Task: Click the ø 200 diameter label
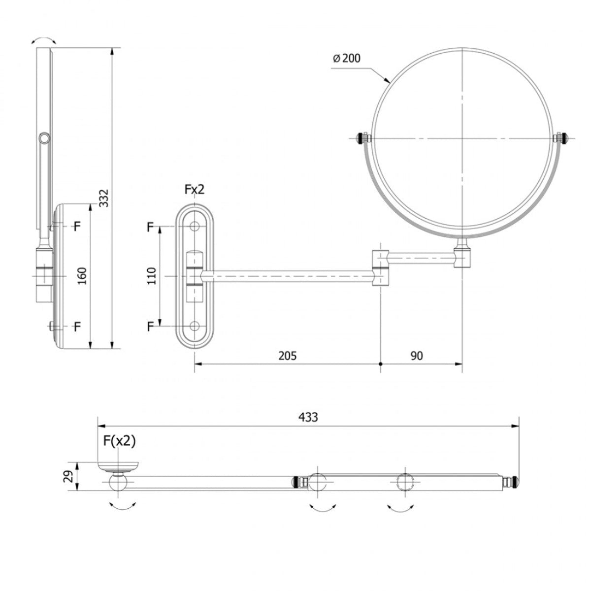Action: (x=347, y=58)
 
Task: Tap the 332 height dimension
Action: (x=104, y=198)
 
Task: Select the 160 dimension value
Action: (x=82, y=276)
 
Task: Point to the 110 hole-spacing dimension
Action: (x=152, y=276)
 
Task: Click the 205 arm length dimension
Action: (x=287, y=356)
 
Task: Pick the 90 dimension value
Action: (x=417, y=356)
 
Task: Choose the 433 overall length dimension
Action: (x=308, y=417)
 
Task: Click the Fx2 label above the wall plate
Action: (x=194, y=190)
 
